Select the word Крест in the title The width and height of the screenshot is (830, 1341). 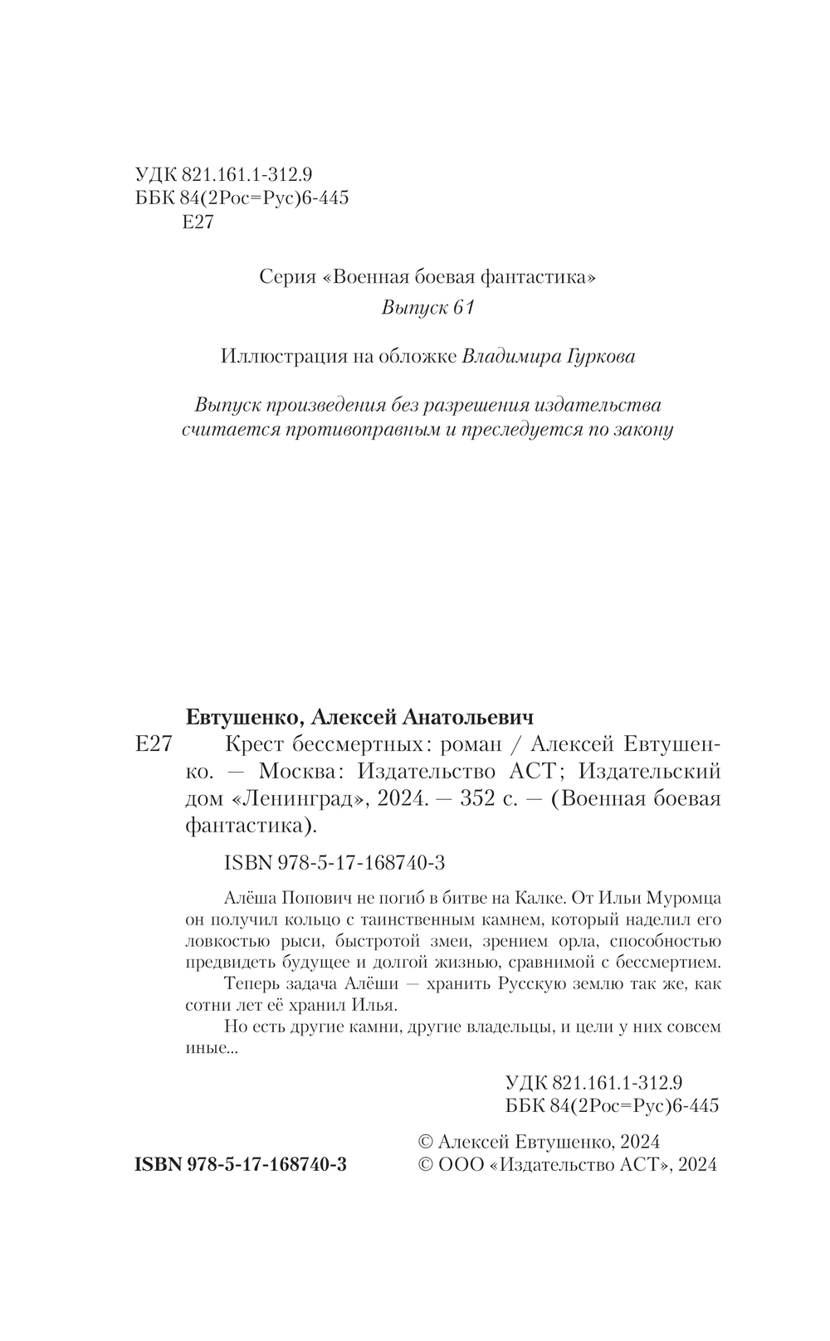click(254, 743)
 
